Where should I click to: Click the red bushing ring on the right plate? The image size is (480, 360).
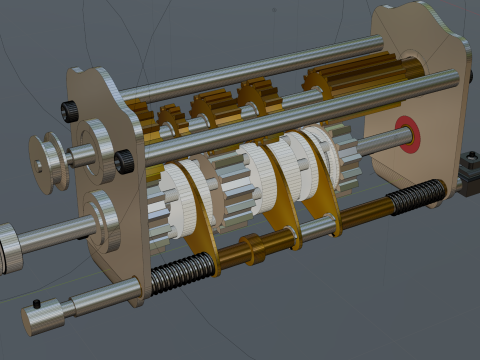tap(407, 134)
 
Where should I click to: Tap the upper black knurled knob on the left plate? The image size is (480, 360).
tap(70, 109)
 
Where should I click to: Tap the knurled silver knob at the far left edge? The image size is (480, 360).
tap(8, 246)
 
